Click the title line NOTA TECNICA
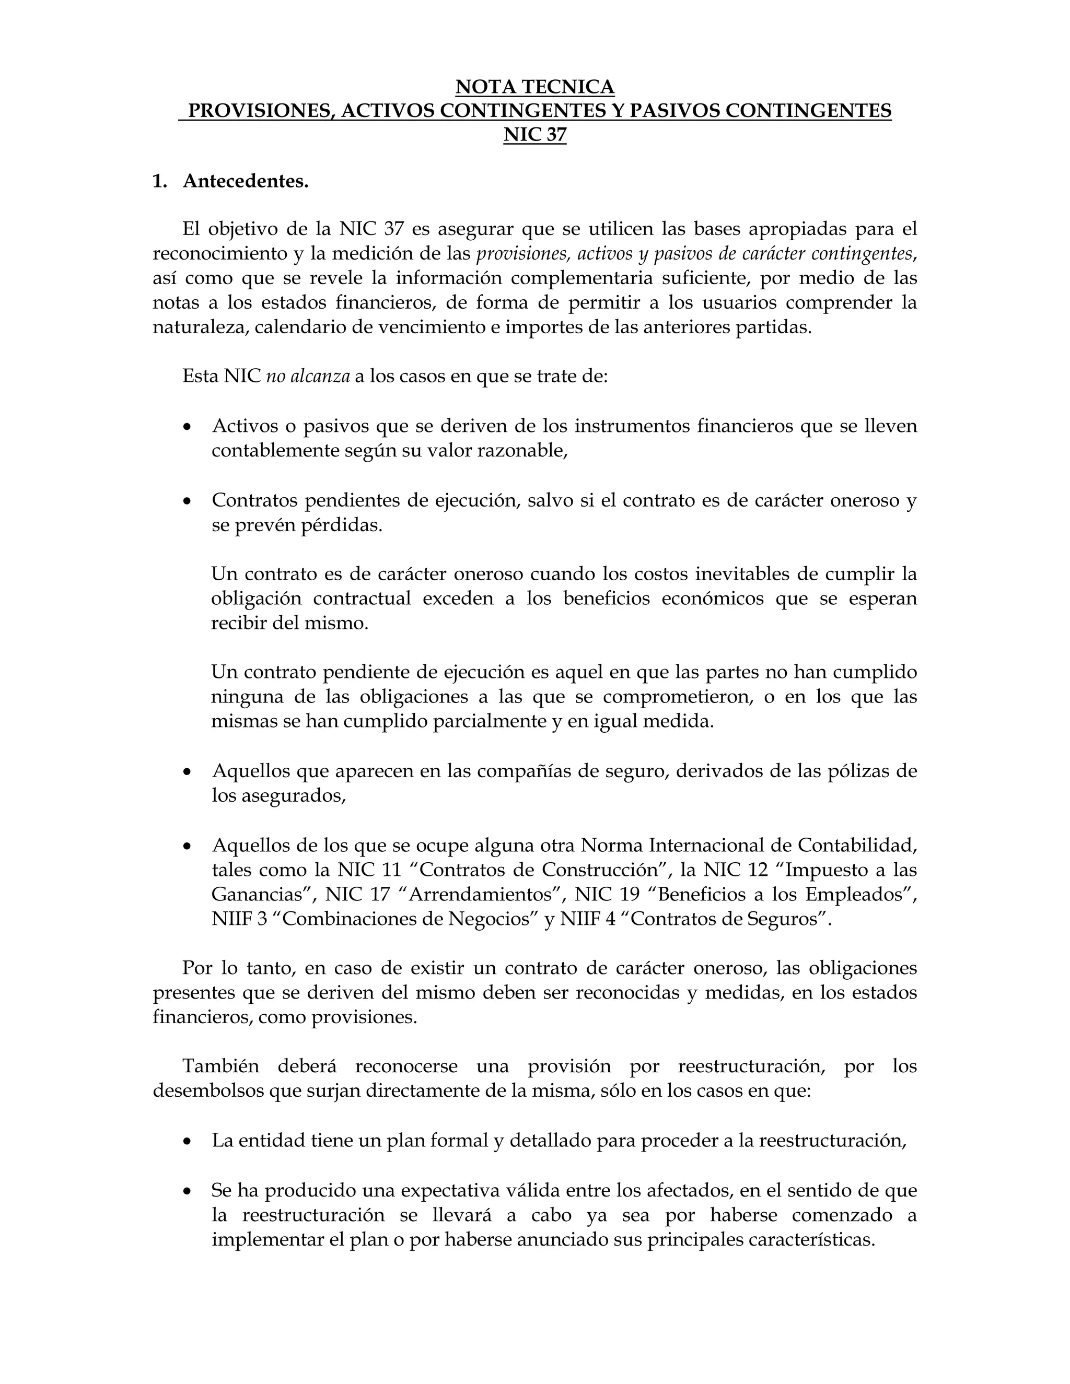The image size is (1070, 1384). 535,86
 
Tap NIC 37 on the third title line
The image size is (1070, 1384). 535,135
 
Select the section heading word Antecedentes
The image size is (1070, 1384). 246,181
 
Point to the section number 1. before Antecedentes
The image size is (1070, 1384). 159,181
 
